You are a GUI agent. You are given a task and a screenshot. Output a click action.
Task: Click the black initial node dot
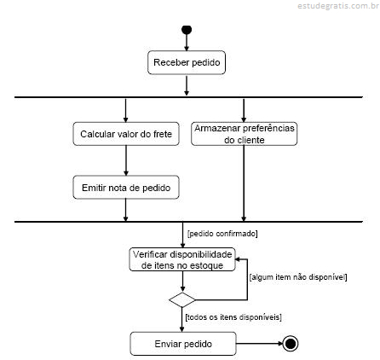point(187,30)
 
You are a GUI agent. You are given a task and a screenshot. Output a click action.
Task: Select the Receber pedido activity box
point(187,62)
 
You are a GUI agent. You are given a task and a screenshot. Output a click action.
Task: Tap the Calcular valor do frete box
point(126,134)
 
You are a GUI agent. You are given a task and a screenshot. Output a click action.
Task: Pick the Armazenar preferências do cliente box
point(245,134)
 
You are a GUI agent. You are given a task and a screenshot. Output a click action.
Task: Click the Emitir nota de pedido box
point(126,187)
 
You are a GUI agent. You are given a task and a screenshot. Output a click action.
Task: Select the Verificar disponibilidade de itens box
point(182,259)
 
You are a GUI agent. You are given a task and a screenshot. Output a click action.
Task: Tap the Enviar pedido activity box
point(183,344)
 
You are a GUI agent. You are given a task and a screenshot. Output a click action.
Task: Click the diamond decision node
point(182,300)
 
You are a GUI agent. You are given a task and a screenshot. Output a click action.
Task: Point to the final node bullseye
point(291,344)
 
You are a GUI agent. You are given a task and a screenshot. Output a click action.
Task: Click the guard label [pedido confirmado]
point(222,234)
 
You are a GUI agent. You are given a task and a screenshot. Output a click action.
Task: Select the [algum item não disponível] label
point(298,277)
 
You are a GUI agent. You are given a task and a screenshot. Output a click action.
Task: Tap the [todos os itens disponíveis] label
point(233,316)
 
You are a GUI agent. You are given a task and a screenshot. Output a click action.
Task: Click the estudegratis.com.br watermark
point(338,6)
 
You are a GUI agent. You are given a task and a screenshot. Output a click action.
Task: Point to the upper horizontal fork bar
point(188,97)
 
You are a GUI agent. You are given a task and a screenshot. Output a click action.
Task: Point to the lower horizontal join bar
point(188,222)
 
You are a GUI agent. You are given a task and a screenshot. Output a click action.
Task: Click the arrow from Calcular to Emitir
point(126,160)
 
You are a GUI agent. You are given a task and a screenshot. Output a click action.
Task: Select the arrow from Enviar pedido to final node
point(260,344)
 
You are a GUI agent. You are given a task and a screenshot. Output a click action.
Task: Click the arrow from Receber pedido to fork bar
point(187,85)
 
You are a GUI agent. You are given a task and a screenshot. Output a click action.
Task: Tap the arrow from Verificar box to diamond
point(182,282)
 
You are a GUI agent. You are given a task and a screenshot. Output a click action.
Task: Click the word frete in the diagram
point(163,134)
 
